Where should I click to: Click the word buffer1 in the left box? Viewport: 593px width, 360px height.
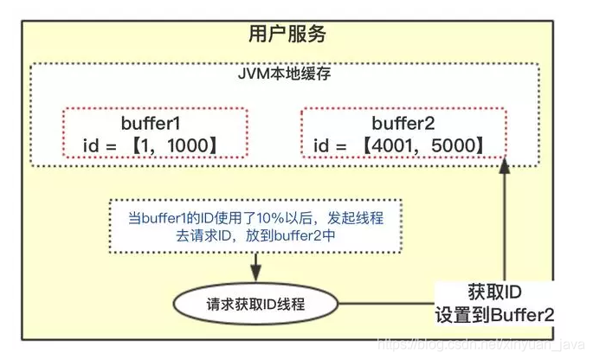click(154, 122)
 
